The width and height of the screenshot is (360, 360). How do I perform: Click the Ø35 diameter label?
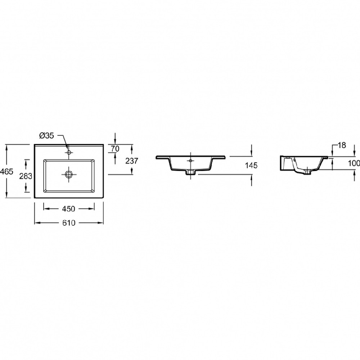pyautogui.click(x=46, y=136)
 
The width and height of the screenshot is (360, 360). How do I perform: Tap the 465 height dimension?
pyautogui.click(x=6, y=171)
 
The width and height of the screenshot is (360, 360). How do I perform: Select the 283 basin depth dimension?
pyautogui.click(x=26, y=176)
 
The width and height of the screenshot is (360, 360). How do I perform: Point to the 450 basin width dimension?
pyautogui.click(x=69, y=209)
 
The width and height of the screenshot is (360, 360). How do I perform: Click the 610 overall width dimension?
pyautogui.click(x=69, y=223)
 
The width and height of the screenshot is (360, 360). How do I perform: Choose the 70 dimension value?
pyautogui.click(x=115, y=149)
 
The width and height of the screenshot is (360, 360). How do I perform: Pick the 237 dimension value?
pyautogui.click(x=132, y=161)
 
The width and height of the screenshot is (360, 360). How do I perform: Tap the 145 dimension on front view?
pyautogui.click(x=251, y=165)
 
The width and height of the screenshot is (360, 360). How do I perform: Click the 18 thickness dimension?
pyautogui.click(x=342, y=145)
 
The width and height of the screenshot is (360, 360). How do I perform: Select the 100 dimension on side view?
pyautogui.click(x=354, y=163)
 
